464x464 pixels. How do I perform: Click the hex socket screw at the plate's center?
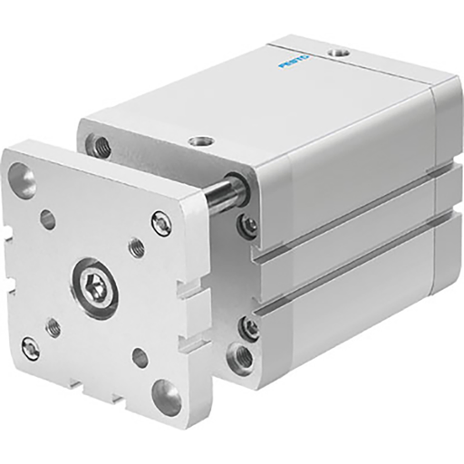point(93,287)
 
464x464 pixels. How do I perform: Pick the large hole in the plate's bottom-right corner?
point(167,396)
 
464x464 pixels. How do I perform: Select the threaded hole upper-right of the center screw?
point(136,244)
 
